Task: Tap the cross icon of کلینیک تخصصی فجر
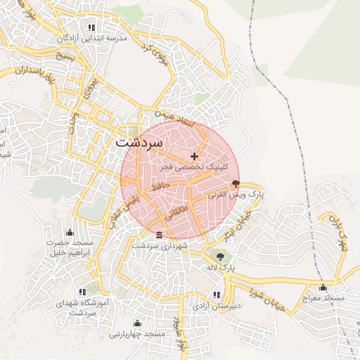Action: point(195,155)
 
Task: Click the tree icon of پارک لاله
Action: point(220,256)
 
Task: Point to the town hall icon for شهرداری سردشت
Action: point(160,235)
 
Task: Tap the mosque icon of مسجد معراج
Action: point(323,287)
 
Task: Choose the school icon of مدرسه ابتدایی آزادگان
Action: point(91,28)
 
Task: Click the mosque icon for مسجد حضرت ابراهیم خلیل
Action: point(69,233)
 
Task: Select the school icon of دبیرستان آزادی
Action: point(217,295)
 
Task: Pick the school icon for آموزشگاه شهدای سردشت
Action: point(83,291)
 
